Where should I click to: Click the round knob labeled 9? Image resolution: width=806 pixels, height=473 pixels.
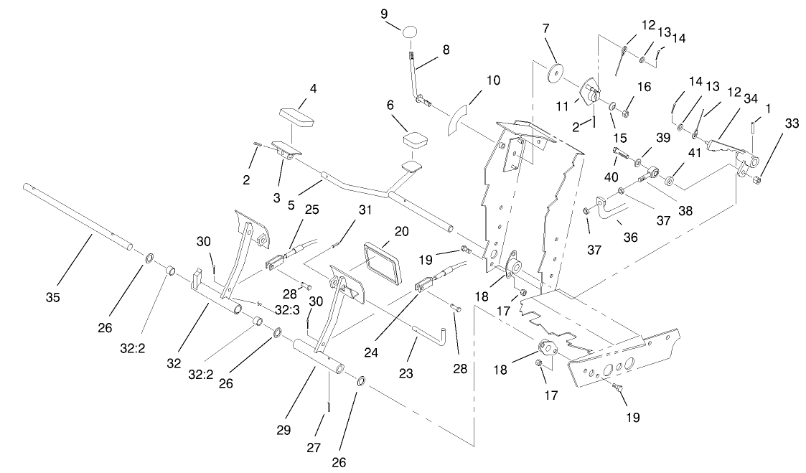point(410,33)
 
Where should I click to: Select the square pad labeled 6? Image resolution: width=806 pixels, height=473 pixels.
point(415,139)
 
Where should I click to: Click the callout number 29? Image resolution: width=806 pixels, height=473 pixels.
point(283,430)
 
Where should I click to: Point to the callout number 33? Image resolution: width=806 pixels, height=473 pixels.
point(771,123)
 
